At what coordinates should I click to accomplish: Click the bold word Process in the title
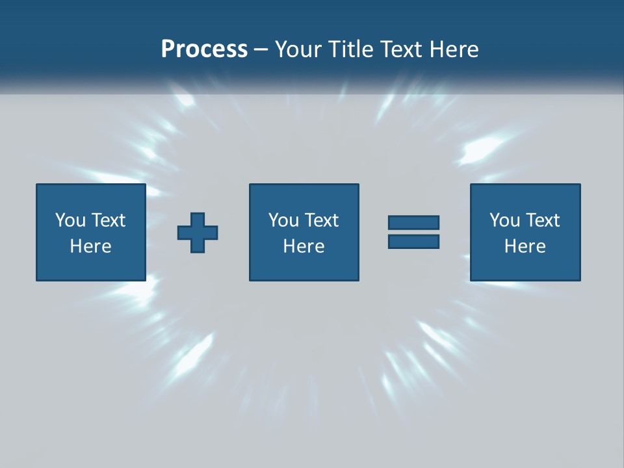click(204, 49)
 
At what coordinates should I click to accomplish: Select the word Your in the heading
click(299, 49)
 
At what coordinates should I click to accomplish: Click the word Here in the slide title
click(452, 49)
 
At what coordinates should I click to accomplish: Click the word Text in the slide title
click(399, 49)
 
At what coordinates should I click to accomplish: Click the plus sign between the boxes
click(198, 233)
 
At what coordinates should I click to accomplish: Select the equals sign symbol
click(413, 232)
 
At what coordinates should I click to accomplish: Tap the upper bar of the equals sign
click(413, 223)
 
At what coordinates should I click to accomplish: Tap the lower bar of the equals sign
click(413, 241)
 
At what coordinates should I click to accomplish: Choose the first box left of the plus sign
click(91, 232)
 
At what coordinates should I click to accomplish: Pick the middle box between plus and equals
click(304, 232)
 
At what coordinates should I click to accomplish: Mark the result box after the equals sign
click(525, 232)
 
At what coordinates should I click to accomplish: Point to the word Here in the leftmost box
click(91, 246)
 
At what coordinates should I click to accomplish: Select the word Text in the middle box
click(322, 220)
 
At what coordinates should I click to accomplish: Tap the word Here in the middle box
click(304, 246)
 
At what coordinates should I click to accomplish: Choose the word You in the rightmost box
click(504, 220)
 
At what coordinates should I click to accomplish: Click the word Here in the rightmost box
click(525, 246)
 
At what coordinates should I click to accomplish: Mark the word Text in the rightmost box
click(543, 220)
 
